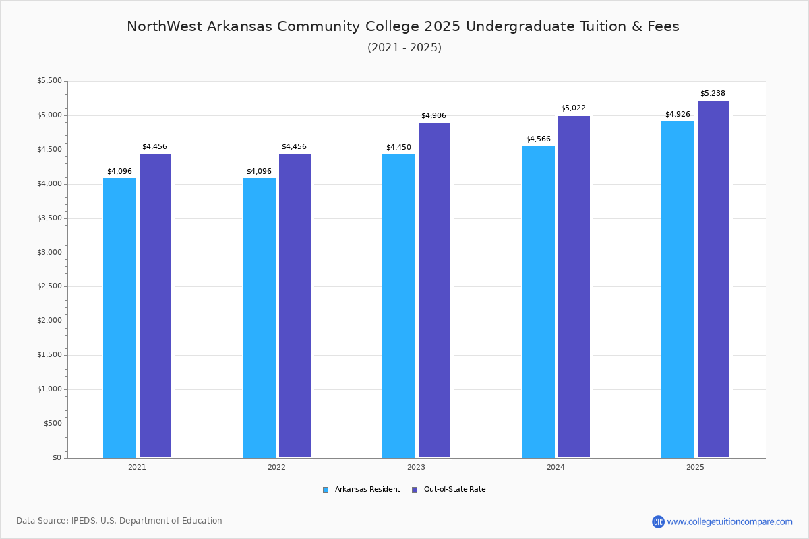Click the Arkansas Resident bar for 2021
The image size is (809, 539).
click(119, 317)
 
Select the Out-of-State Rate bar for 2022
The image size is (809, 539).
click(295, 306)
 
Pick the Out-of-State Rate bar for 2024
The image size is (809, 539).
click(574, 286)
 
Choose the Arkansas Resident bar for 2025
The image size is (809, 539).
click(678, 289)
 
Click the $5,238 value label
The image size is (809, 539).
click(713, 94)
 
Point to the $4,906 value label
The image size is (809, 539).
click(433, 116)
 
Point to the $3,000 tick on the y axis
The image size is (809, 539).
click(50, 253)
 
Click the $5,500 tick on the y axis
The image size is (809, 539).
click(50, 81)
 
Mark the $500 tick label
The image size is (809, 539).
click(53, 424)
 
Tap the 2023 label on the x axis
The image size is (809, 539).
click(416, 467)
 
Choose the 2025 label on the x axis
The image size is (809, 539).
click(695, 467)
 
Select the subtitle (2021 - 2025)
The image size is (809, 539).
click(404, 48)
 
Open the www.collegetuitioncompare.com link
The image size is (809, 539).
click(729, 521)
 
